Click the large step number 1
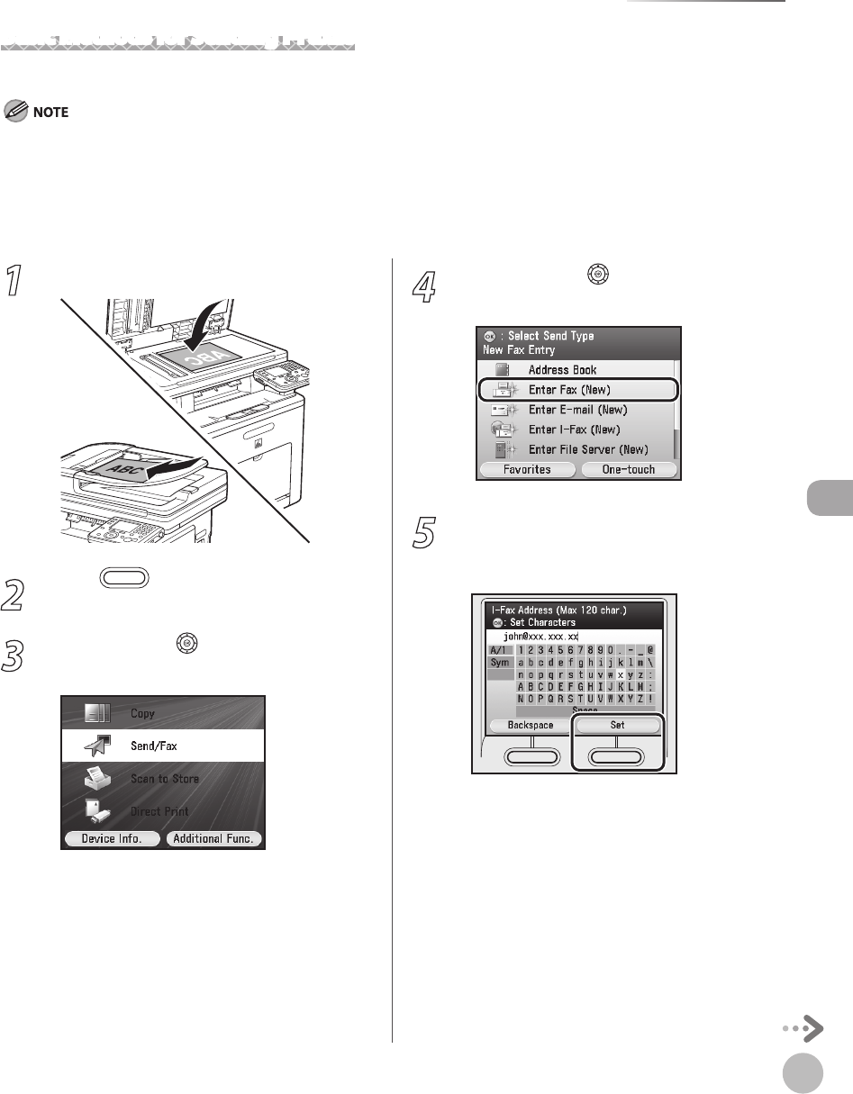[x=14, y=281]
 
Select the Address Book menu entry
[x=562, y=370]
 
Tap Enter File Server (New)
[x=588, y=449]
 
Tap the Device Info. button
[x=111, y=839]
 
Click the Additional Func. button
[x=213, y=839]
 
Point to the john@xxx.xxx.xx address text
[x=540, y=636]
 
